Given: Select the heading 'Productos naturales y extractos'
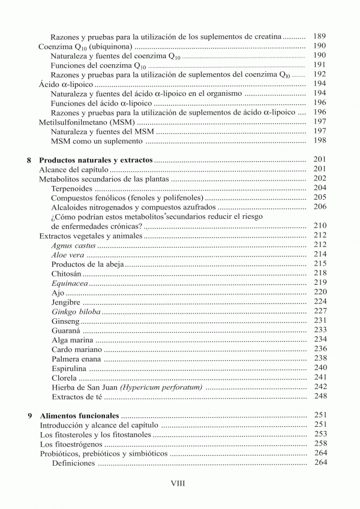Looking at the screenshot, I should [x=96, y=160].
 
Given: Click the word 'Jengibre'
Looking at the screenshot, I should [x=67, y=302].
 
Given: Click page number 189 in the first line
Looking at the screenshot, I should [x=320, y=36].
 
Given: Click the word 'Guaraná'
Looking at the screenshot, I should [x=66, y=330].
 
